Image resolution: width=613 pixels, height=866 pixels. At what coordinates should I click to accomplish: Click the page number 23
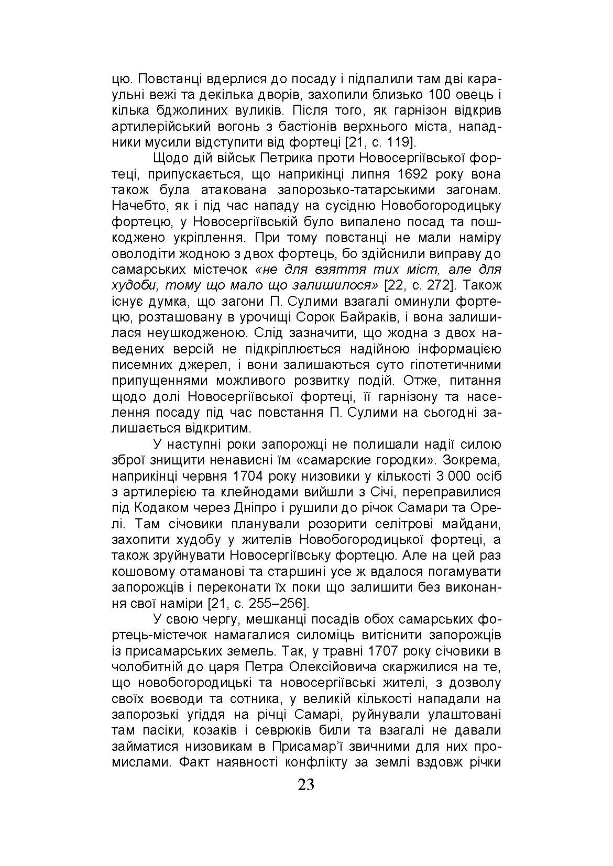click(x=306, y=800)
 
